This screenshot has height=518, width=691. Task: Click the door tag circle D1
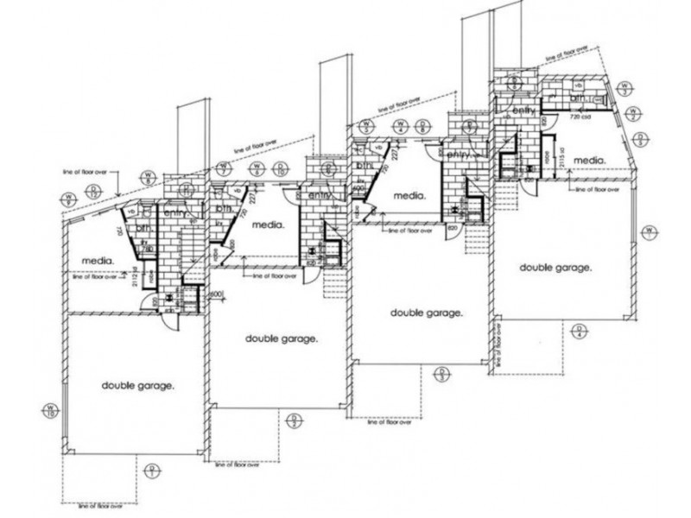pos(152,471)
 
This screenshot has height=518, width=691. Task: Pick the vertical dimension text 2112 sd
pos(130,275)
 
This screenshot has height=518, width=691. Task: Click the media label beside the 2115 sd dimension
pos(587,160)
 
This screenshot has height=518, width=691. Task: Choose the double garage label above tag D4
pos(555,268)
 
